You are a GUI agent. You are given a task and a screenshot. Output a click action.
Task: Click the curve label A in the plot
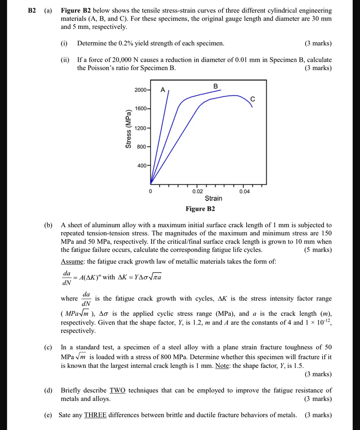click(163, 90)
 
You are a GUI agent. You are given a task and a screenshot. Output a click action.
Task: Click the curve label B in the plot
click(216, 86)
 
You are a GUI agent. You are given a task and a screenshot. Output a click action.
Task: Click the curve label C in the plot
click(252, 99)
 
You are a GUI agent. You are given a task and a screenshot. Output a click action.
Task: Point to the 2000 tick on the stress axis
click(141, 90)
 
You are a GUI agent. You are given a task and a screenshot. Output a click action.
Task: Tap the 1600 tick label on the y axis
click(141, 109)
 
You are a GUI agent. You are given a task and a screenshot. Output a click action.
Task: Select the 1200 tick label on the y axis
click(141, 128)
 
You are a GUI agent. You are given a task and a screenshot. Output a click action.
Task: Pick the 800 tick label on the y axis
click(142, 147)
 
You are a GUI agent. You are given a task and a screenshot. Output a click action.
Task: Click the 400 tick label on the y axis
click(142, 166)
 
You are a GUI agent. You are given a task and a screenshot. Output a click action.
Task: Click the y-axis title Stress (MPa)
click(128, 128)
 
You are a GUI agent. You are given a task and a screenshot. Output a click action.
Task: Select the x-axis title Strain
click(213, 199)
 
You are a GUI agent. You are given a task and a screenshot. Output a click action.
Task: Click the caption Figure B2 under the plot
click(200, 209)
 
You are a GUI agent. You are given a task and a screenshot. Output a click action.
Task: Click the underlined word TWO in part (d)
click(117, 391)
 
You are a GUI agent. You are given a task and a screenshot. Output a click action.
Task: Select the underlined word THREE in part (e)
click(95, 415)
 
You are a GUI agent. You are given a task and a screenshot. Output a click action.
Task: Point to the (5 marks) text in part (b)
click(318, 250)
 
